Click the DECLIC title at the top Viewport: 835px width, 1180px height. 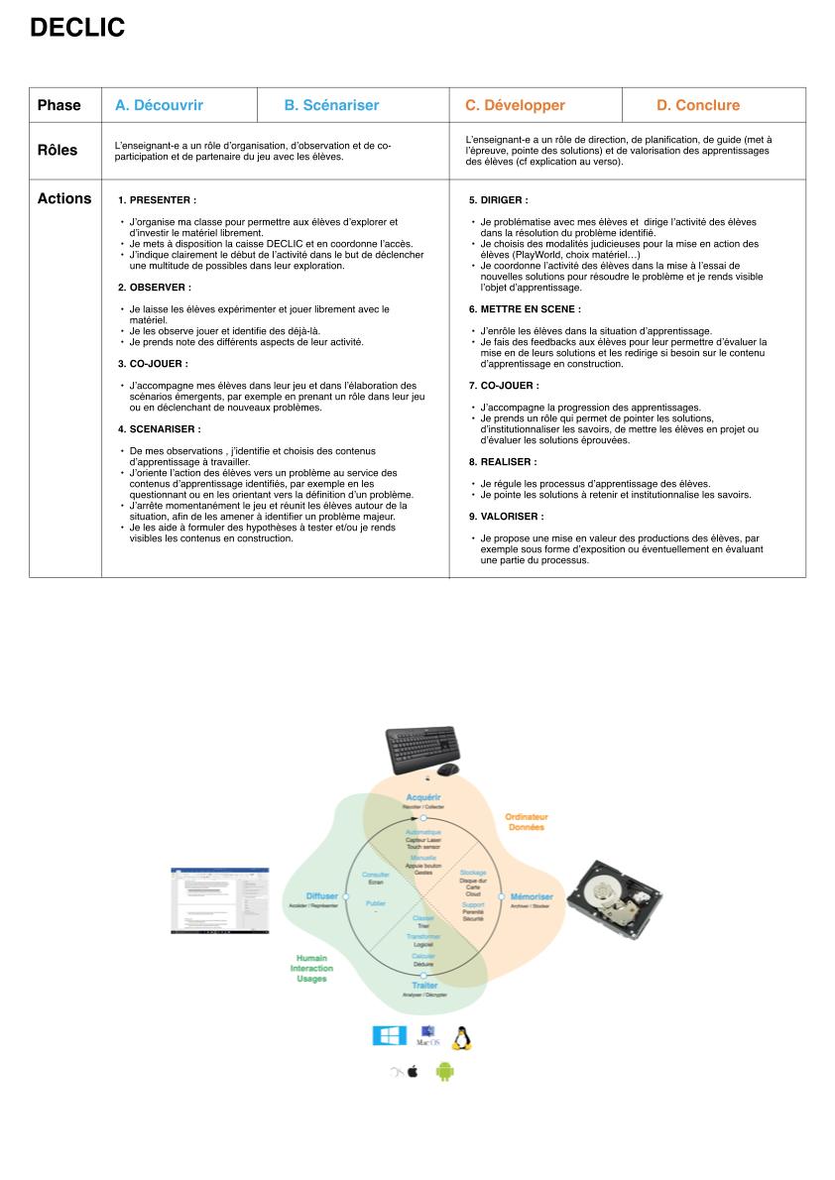(x=77, y=29)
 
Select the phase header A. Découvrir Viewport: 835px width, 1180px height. (x=159, y=105)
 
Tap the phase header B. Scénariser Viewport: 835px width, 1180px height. (x=331, y=105)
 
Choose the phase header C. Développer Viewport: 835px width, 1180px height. (x=515, y=105)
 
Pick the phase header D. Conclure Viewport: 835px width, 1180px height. (x=697, y=105)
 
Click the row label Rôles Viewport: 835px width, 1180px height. (x=58, y=151)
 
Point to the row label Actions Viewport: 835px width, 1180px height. (x=64, y=198)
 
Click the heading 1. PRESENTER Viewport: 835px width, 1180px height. (x=157, y=199)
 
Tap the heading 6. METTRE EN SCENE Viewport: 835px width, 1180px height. (x=525, y=309)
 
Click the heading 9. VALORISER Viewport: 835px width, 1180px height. (x=506, y=517)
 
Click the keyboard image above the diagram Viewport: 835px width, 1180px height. (x=423, y=752)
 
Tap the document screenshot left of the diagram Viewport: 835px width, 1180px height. (x=212, y=900)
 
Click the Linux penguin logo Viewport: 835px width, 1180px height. (x=461, y=1037)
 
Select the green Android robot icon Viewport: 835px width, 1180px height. (x=444, y=1071)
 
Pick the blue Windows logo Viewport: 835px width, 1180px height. (x=389, y=1036)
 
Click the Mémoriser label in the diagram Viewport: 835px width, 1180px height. (x=532, y=896)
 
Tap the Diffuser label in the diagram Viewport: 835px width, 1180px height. (x=322, y=895)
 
